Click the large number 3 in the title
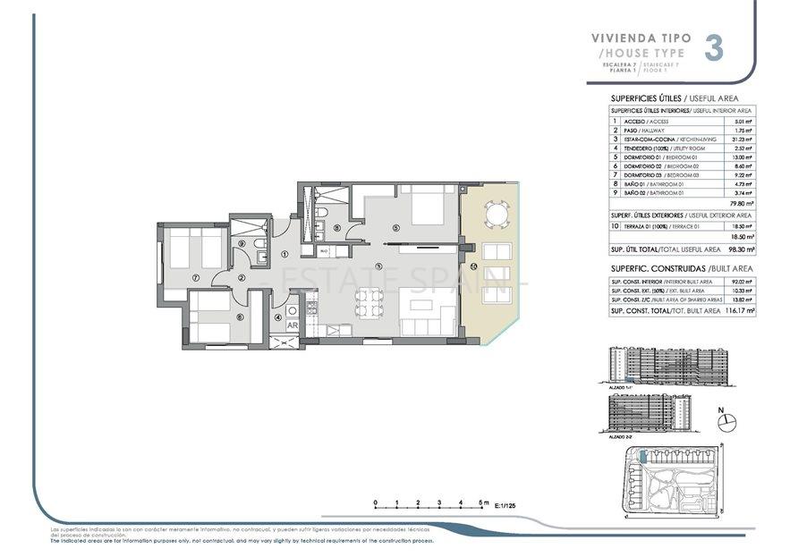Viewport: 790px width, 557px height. point(714,47)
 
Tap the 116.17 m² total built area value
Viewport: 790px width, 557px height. point(738,310)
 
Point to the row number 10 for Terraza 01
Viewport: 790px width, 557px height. point(615,227)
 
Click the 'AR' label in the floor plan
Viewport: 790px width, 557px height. point(292,325)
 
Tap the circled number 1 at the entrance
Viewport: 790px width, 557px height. point(285,254)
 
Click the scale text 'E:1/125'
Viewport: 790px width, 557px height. point(505,506)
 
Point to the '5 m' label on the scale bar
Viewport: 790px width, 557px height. point(483,502)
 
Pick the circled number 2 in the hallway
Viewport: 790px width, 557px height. point(242,278)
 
